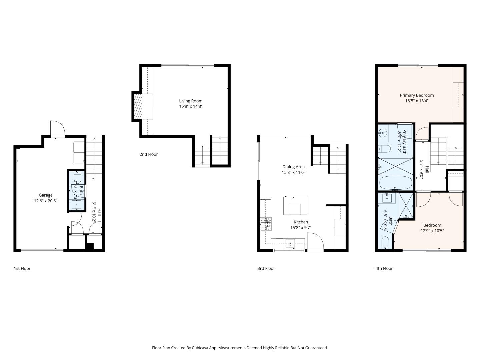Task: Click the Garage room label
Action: (46, 195)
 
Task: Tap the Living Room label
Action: (191, 101)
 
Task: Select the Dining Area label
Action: (293, 167)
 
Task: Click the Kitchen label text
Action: (301, 222)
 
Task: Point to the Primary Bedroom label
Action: (417, 95)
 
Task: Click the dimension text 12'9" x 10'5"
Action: (432, 231)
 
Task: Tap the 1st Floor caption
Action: (22, 268)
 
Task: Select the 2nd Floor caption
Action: (149, 154)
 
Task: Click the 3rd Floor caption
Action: (266, 268)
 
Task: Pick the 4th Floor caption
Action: (384, 268)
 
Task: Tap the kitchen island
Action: (295, 206)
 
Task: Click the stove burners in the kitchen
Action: (266, 224)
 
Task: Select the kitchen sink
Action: (290, 243)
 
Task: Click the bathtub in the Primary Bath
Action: (396, 183)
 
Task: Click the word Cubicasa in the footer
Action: (200, 348)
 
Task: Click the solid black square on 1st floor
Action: (89, 247)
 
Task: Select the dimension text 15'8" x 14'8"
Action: (191, 107)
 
